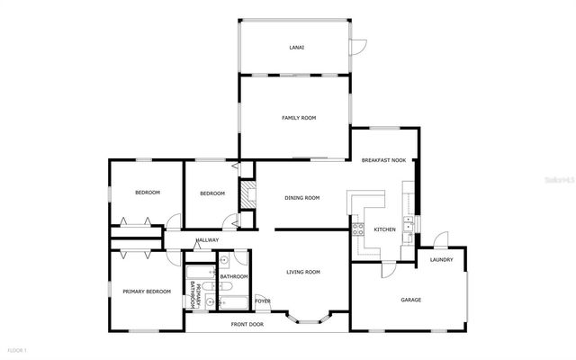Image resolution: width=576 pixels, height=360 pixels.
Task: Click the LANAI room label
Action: pyautogui.click(x=295, y=47)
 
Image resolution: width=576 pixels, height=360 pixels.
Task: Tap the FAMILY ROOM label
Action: pyautogui.click(x=299, y=118)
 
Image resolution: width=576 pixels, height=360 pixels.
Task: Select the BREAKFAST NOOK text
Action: pyautogui.click(x=383, y=160)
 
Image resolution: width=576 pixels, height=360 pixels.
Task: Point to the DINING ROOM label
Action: pyautogui.click(x=302, y=198)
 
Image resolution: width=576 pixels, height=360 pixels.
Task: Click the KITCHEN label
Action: pyautogui.click(x=384, y=229)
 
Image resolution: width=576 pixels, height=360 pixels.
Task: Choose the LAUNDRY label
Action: pyautogui.click(x=441, y=261)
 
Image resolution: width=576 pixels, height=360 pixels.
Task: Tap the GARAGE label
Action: pyautogui.click(x=411, y=300)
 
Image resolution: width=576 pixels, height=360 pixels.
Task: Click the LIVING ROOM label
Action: pyautogui.click(x=303, y=272)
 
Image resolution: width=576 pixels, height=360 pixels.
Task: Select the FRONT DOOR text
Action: pyautogui.click(x=247, y=324)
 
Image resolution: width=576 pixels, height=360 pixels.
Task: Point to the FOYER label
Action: pyautogui.click(x=262, y=301)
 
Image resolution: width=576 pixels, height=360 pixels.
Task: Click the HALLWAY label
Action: pyautogui.click(x=206, y=240)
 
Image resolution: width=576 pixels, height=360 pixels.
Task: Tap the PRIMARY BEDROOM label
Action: pyautogui.click(x=146, y=292)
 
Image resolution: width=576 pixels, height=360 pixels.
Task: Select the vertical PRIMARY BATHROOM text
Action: pyautogui.click(x=192, y=295)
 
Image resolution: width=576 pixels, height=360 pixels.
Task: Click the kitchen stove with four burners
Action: pyautogui.click(x=356, y=230)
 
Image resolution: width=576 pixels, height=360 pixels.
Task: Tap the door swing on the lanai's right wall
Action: pyautogui.click(x=358, y=44)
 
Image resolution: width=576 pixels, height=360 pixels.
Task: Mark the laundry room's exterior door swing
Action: pyautogui.click(x=440, y=240)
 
